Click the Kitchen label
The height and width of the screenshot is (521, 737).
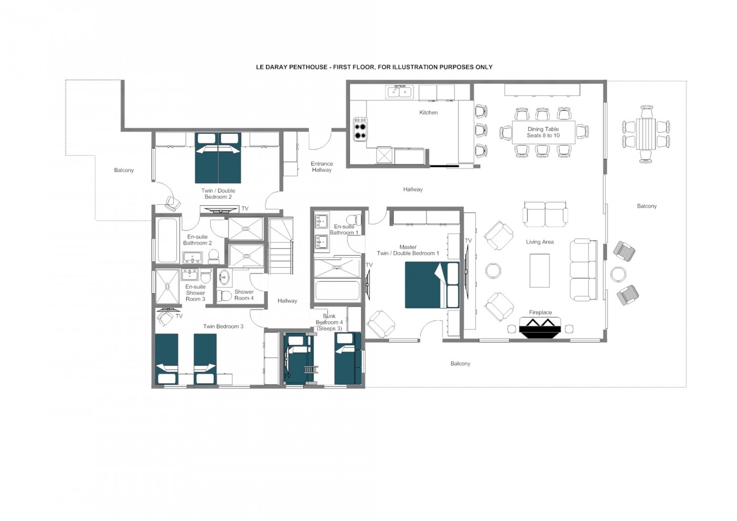pos(429,113)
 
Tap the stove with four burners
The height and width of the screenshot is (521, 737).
pos(360,129)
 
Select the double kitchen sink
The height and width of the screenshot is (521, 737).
pos(400,92)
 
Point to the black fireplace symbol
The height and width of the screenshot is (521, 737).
pos(540,327)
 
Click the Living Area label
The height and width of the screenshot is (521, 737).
pos(540,242)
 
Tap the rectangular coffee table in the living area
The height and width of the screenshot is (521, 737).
pos(540,270)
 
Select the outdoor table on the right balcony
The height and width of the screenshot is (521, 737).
pos(646,135)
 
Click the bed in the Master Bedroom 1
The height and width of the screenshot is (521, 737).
pos(432,285)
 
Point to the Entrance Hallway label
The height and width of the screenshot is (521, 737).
pos(322,167)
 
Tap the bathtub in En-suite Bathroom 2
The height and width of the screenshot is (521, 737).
pos(167,240)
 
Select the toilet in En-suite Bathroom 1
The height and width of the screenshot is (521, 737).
pos(354,219)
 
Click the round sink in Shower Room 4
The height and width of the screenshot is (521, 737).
pos(225,278)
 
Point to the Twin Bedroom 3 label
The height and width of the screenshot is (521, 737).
pos(223,327)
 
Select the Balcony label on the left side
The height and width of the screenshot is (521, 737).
pos(124,171)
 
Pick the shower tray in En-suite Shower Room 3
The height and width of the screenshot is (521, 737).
pos(167,286)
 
